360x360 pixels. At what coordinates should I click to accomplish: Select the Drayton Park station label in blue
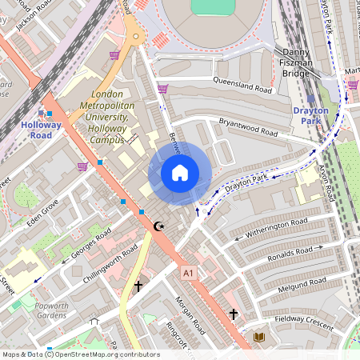pyautogui.click(x=311, y=115)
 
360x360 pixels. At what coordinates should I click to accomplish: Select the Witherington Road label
pyautogui.click(x=276, y=227)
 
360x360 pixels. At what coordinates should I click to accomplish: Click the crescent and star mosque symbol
pyautogui.click(x=160, y=226)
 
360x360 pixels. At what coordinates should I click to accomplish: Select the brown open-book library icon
pyautogui.click(x=259, y=337)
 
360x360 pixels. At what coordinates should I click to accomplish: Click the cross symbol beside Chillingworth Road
pyautogui.click(x=138, y=285)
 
